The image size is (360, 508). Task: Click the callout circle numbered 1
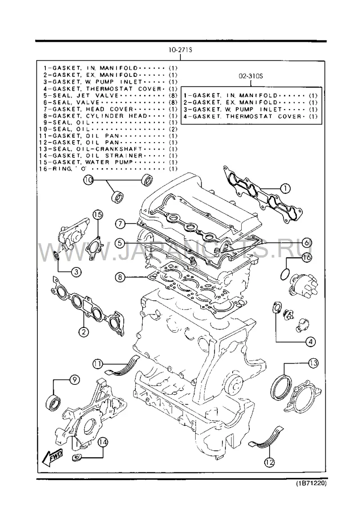click(285, 188)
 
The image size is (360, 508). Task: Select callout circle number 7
click(120, 223)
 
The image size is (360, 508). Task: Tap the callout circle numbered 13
click(313, 364)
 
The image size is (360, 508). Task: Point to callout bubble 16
click(307, 258)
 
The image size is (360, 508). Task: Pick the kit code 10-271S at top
click(180, 50)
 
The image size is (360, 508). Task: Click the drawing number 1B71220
click(310, 483)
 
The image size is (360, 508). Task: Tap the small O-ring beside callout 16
click(284, 274)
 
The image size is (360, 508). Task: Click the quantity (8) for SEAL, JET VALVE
click(173, 96)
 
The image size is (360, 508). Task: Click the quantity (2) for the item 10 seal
click(173, 129)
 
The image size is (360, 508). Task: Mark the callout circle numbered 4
click(310, 342)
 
